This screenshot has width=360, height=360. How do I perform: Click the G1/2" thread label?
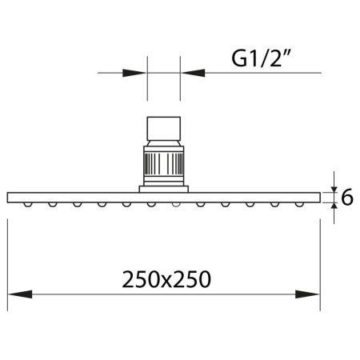(261, 58)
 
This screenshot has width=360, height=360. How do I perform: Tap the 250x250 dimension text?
(166, 279)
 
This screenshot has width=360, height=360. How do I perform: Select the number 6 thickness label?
(347, 198)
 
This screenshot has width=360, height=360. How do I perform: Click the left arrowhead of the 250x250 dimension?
(20, 294)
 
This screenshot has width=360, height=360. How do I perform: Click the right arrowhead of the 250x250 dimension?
(307, 294)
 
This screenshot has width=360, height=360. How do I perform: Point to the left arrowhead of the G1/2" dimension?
(134, 73)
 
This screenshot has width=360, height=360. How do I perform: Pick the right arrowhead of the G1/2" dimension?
(193, 73)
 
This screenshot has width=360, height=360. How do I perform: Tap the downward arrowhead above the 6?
(334, 189)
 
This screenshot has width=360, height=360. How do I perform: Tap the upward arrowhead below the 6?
(334, 206)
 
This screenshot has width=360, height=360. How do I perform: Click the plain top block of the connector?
(164, 129)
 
